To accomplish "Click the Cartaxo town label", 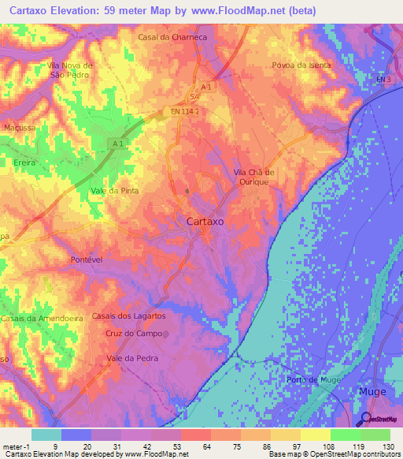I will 205,222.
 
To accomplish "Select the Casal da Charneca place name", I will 172,37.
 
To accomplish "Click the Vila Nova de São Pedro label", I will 70,69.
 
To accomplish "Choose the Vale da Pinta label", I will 114,191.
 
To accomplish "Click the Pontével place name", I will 87,259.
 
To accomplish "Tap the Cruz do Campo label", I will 132,334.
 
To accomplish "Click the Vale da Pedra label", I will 131,358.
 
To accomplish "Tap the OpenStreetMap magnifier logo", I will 364,419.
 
